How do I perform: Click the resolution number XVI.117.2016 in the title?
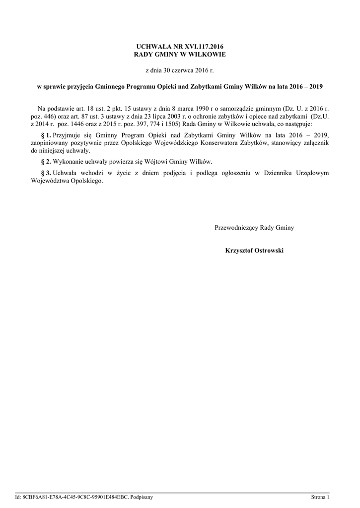[204, 46]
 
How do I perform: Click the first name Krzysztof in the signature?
[239, 251]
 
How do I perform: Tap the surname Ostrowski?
[269, 251]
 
